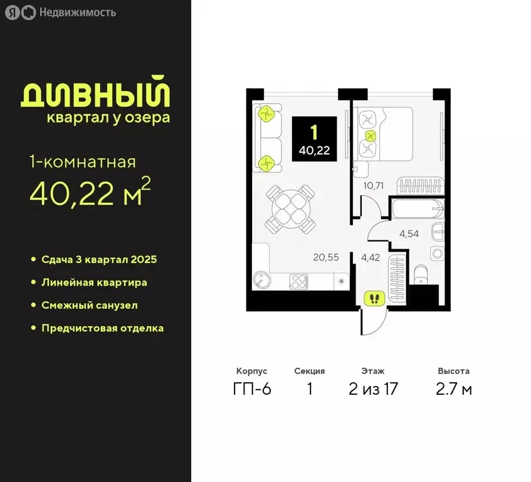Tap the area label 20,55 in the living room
(326, 256)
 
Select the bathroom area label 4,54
(411, 234)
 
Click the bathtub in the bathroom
(416, 208)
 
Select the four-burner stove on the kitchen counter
(299, 282)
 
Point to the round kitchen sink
(261, 281)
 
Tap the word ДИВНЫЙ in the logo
(95, 95)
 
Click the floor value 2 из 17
(373, 389)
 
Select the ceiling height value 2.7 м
(454, 389)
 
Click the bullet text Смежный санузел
(89, 305)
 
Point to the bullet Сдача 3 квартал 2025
(98, 259)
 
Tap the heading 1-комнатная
(82, 162)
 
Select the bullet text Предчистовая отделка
(102, 328)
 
